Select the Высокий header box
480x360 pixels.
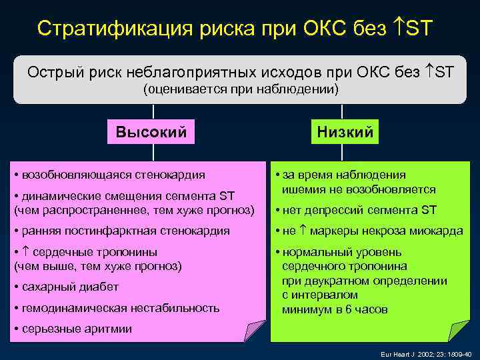pyautogui.click(x=151, y=131)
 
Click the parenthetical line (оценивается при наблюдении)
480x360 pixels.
pyautogui.click(x=241, y=89)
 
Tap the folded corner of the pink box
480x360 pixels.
pyautogui.click(x=255, y=331)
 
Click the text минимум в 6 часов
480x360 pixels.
pyautogui.click(x=334, y=310)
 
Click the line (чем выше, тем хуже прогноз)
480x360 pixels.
pyautogui.click(x=97, y=266)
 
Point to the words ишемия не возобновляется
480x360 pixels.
pyautogui.click(x=359, y=189)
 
